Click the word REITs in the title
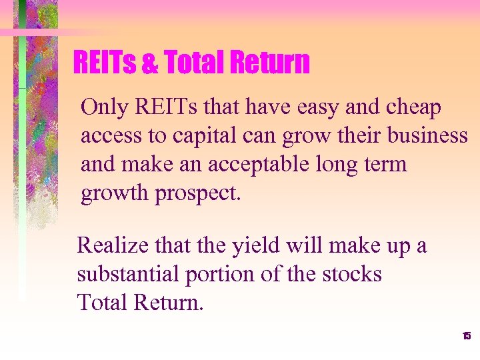click(x=105, y=63)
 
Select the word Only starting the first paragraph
click(x=103, y=107)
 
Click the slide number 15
click(x=466, y=336)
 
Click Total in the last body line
click(x=102, y=302)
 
